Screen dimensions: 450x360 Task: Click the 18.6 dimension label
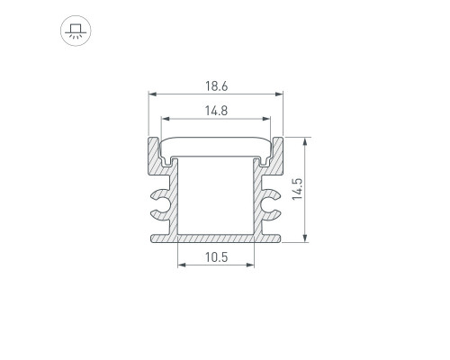[x=216, y=86]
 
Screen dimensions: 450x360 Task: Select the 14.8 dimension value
[x=216, y=111]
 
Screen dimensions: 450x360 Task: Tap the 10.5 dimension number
[x=216, y=257]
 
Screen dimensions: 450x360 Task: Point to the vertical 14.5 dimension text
[x=298, y=189]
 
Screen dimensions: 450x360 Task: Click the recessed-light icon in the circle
[x=76, y=31]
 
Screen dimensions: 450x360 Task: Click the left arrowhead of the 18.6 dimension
[x=153, y=94]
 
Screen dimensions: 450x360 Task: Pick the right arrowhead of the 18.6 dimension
[x=279, y=94]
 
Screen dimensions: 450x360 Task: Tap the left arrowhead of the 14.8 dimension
[x=166, y=119]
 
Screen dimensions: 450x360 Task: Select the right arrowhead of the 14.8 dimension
[x=266, y=119]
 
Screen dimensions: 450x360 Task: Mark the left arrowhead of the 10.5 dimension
[x=182, y=265]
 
